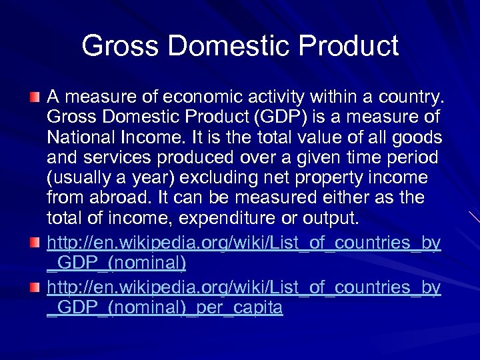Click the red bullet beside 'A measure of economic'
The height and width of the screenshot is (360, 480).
tap(36, 99)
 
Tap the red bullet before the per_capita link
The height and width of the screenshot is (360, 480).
tap(36, 288)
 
